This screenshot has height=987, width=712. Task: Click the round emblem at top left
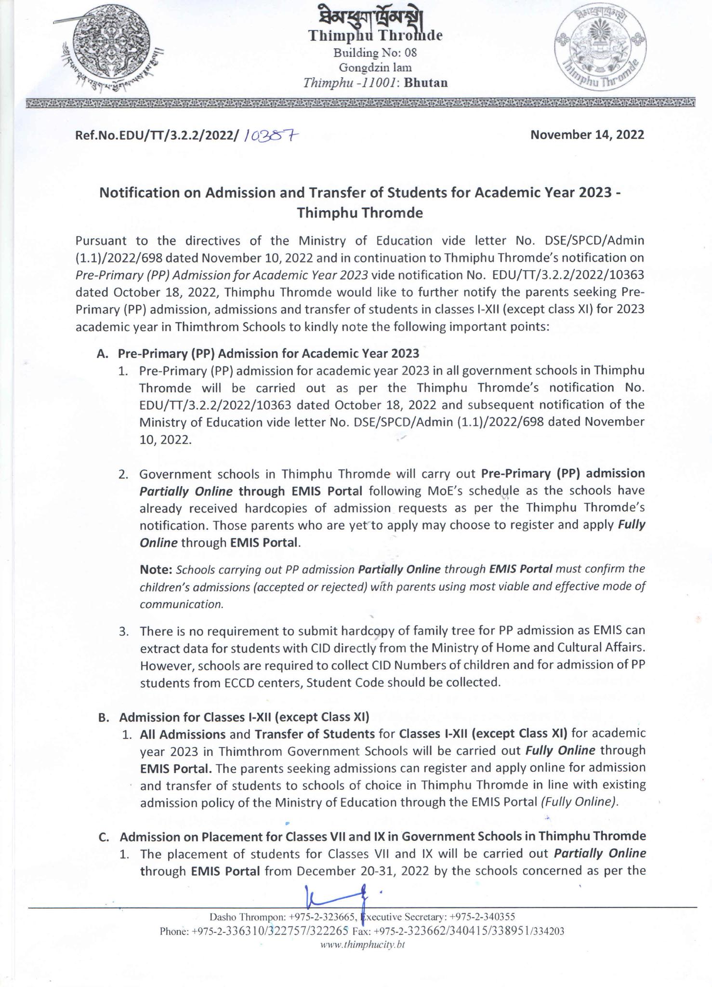pos(113,52)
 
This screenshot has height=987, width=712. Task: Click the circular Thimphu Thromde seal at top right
pos(600,53)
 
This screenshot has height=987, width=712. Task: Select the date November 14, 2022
pos(587,134)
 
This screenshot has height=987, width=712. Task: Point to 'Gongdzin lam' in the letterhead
pos(375,67)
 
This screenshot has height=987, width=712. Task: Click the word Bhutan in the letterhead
pos(426,83)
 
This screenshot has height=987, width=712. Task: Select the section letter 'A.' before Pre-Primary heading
pos(101,354)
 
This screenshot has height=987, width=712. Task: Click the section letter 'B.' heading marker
pos(102,717)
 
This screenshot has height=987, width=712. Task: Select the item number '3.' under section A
pos(123,631)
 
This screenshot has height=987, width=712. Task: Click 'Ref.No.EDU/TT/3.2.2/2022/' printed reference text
pos(157,135)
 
